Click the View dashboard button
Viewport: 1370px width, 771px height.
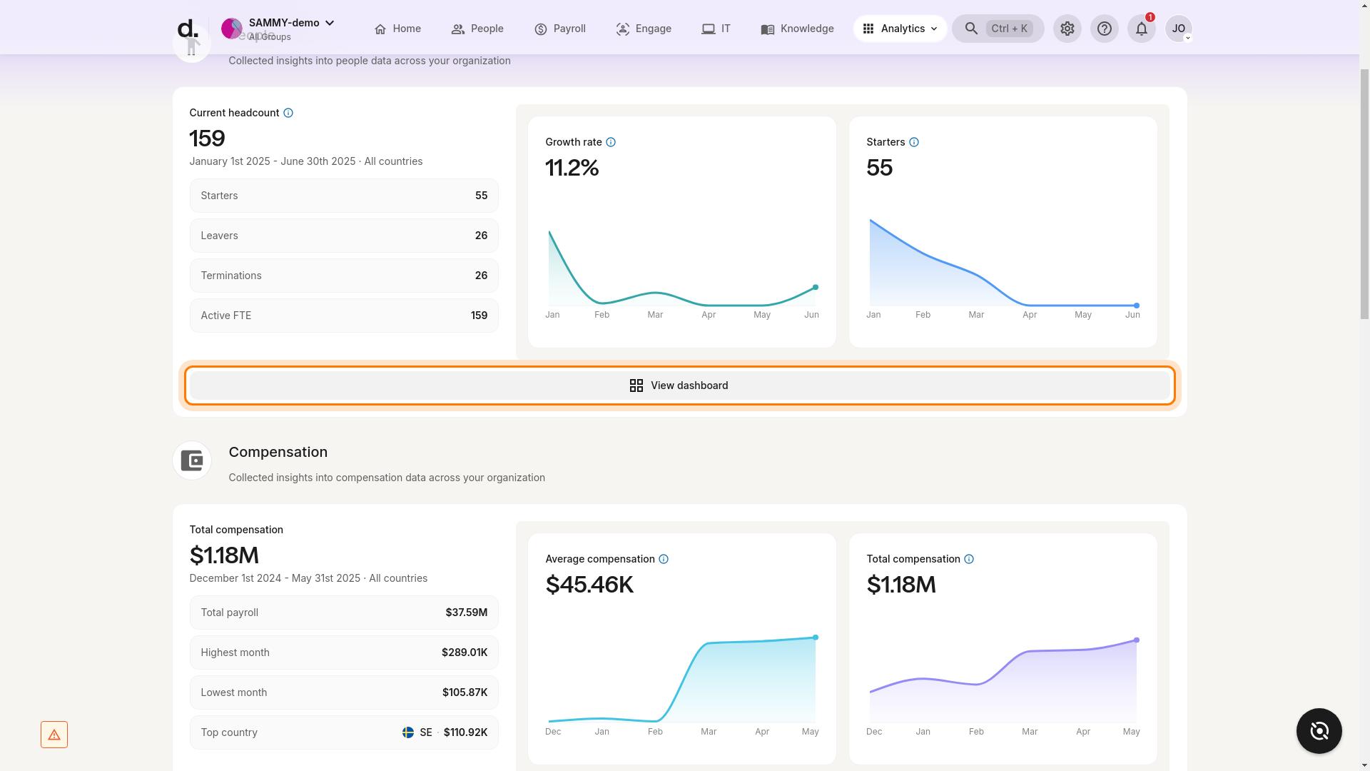pos(679,385)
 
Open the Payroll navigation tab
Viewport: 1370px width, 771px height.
pos(560,29)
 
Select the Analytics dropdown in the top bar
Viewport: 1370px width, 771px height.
pos(900,29)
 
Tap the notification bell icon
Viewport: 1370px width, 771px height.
pos(1141,29)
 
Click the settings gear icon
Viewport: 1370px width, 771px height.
pos(1067,29)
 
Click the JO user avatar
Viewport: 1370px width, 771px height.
pos(1178,29)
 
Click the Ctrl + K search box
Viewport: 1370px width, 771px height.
pos(998,29)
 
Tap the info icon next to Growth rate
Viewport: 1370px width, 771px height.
pos(611,142)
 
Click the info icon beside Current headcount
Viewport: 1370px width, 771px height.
pos(288,113)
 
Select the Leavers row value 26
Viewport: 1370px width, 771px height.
pos(481,236)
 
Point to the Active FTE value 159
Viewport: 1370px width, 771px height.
pos(479,316)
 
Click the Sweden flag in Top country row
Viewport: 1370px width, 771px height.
pos(408,732)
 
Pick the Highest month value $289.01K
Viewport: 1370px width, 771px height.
pos(465,652)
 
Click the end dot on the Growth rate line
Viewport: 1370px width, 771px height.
pos(815,287)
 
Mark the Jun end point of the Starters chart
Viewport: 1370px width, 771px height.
pos(1136,306)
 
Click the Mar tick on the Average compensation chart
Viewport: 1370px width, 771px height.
pos(708,732)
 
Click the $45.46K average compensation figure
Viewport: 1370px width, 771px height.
pos(589,585)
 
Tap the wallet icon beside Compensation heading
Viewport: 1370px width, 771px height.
pos(191,460)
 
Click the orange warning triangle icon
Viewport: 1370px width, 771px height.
pos(54,735)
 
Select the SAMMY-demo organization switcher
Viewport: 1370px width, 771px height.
pos(278,29)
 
